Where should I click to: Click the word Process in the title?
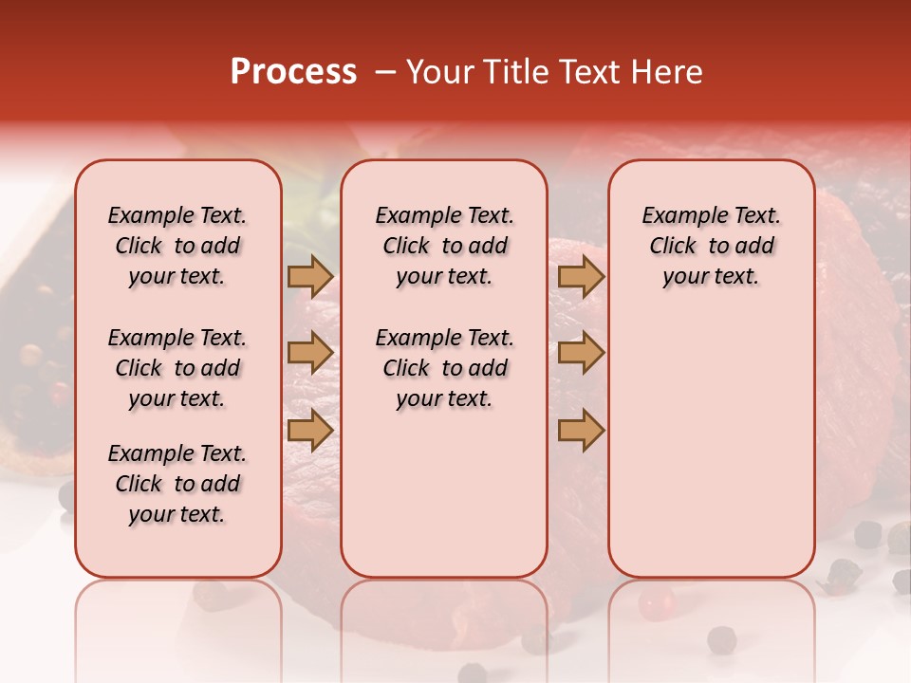coord(293,72)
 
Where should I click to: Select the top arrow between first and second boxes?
coord(310,277)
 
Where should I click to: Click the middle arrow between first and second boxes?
coord(310,353)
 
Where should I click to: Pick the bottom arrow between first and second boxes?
coord(310,431)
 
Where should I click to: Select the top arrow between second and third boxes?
coord(581,277)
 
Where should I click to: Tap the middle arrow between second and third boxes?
coord(581,353)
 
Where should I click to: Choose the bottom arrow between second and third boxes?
coord(581,431)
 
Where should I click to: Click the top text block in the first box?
coord(177,246)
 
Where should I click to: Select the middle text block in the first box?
coord(177,368)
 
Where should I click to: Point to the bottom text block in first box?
coord(177,484)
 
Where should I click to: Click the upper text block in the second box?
coord(444,246)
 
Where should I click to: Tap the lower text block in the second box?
coord(444,368)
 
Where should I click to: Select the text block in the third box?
coord(711,246)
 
